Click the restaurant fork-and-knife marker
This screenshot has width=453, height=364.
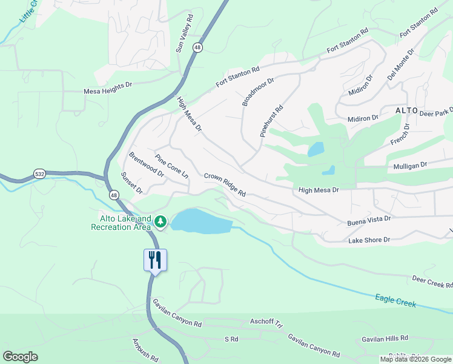pyautogui.click(x=155, y=260)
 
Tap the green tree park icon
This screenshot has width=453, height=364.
pyautogui.click(x=160, y=223)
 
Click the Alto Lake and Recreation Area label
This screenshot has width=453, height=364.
pyautogui.click(x=121, y=223)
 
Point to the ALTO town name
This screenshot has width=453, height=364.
pyautogui.click(x=407, y=110)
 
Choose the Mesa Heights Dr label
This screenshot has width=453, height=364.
pyautogui.click(x=107, y=92)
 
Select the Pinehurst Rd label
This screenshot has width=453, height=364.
pyautogui.click(x=271, y=120)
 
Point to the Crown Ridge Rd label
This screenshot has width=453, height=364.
pyautogui.click(x=224, y=184)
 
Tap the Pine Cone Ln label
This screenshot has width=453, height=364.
pyautogui.click(x=172, y=166)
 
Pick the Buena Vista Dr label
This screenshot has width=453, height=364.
pyautogui.click(x=369, y=220)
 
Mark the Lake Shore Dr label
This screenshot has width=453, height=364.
pyautogui.click(x=373, y=240)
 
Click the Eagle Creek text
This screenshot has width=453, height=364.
pyautogui.click(x=395, y=300)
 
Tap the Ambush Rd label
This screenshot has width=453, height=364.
pyautogui.click(x=145, y=351)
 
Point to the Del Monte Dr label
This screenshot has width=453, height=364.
pyautogui.click(x=401, y=65)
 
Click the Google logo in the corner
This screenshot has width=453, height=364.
pyautogui.click(x=20, y=357)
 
